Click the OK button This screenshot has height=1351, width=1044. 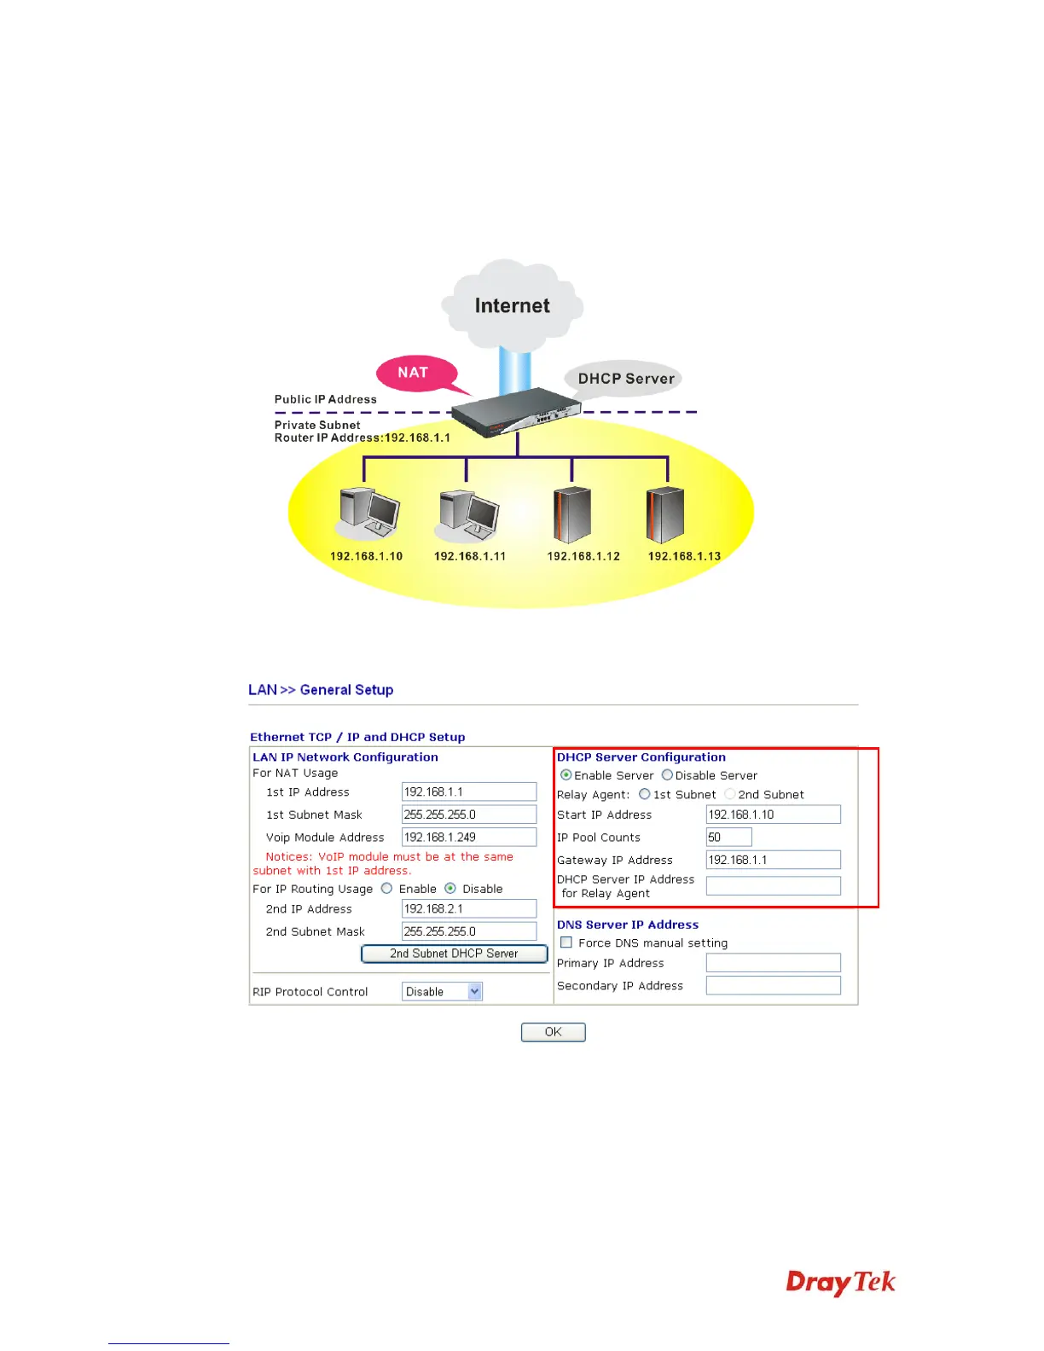coord(553,1032)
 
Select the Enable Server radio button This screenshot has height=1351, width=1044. coord(566,775)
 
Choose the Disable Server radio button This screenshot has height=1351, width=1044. coord(667,775)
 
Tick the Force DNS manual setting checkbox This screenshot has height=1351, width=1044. coord(566,942)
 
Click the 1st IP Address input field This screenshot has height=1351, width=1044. coord(468,791)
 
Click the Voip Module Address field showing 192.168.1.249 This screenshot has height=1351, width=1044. coord(468,838)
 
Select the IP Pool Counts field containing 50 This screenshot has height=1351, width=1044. coord(728,838)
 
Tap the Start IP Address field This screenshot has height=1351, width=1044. coord(773,815)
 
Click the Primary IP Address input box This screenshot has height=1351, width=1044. coord(773,963)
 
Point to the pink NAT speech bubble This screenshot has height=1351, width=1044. coord(415,374)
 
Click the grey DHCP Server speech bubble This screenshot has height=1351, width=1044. coord(625,379)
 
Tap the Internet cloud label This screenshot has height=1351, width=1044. coord(512,305)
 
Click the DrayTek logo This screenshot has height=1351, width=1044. coord(840,1282)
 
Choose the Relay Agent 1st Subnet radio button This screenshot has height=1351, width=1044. coord(645,794)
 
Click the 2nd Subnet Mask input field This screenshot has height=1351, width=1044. coord(468,931)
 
